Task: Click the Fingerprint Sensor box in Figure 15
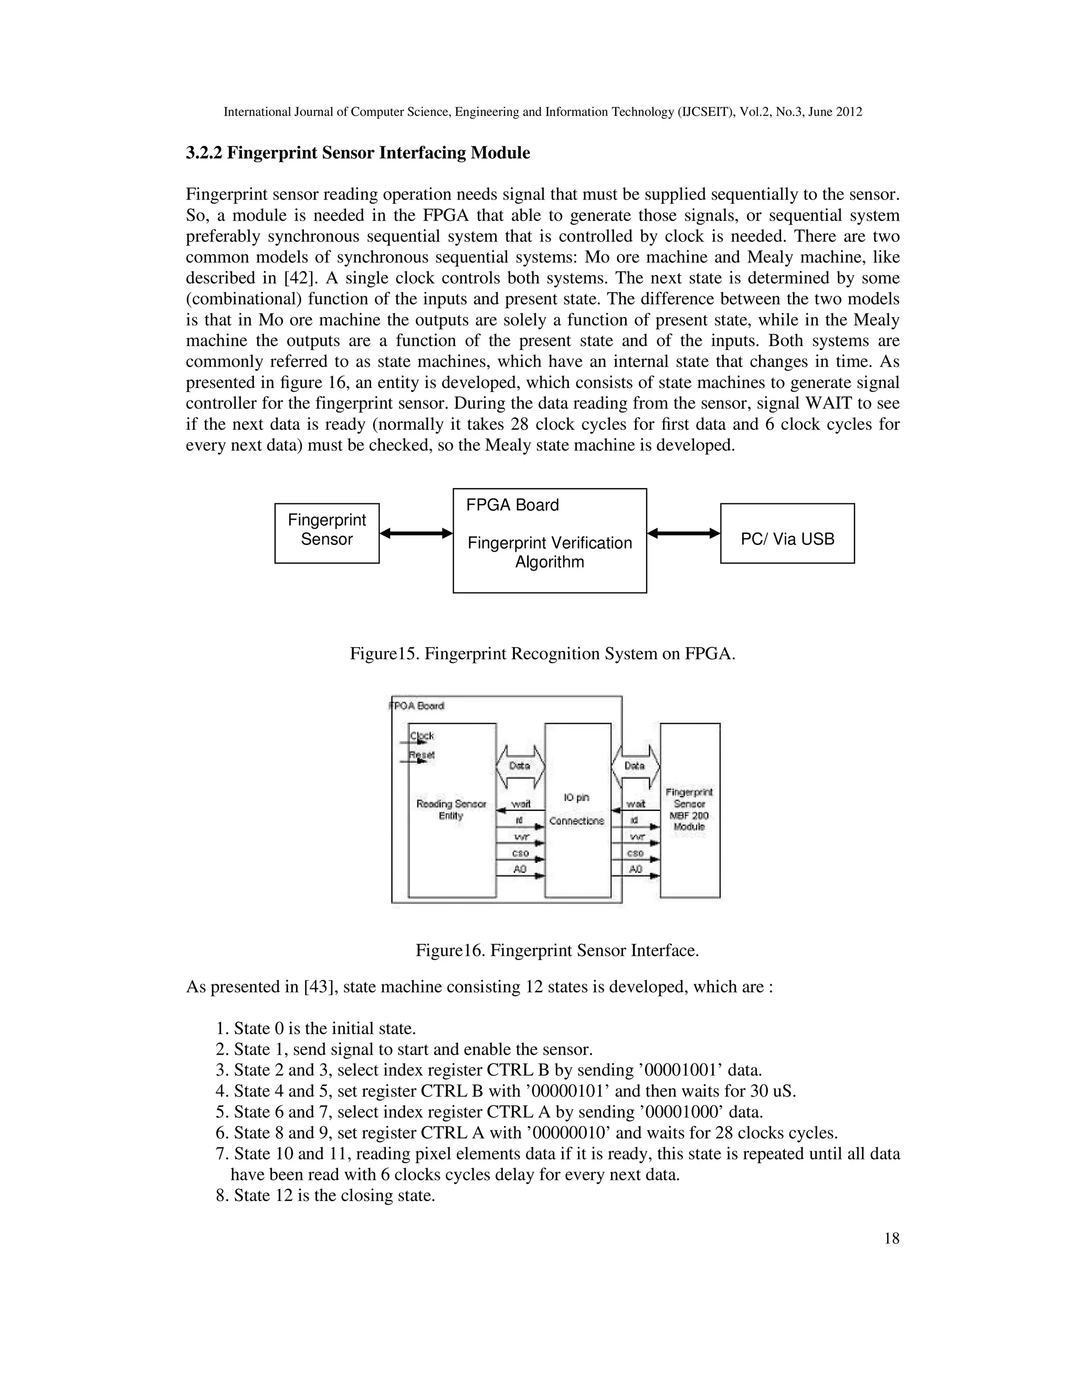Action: pyautogui.click(x=326, y=533)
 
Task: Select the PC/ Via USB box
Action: pyautogui.click(x=787, y=539)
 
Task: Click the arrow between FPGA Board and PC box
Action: pyautogui.click(x=683, y=533)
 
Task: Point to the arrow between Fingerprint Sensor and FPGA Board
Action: pyautogui.click(x=416, y=533)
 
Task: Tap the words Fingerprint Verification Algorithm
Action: pyautogui.click(x=550, y=552)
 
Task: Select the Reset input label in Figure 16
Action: pyautogui.click(x=422, y=755)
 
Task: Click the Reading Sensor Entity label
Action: pyautogui.click(x=451, y=809)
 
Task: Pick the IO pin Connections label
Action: pyautogui.click(x=577, y=809)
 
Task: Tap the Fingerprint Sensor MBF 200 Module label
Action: pyautogui.click(x=689, y=809)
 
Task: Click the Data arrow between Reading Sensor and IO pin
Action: pyautogui.click(x=520, y=765)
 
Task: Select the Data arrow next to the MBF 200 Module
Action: pyautogui.click(x=635, y=765)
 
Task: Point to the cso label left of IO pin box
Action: pyautogui.click(x=520, y=853)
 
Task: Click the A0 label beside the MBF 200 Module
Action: pyautogui.click(x=636, y=869)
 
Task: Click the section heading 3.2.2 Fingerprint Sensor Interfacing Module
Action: pyautogui.click(x=358, y=153)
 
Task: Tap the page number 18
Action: pyautogui.click(x=892, y=1238)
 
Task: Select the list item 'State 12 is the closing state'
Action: pyautogui.click(x=334, y=1195)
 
